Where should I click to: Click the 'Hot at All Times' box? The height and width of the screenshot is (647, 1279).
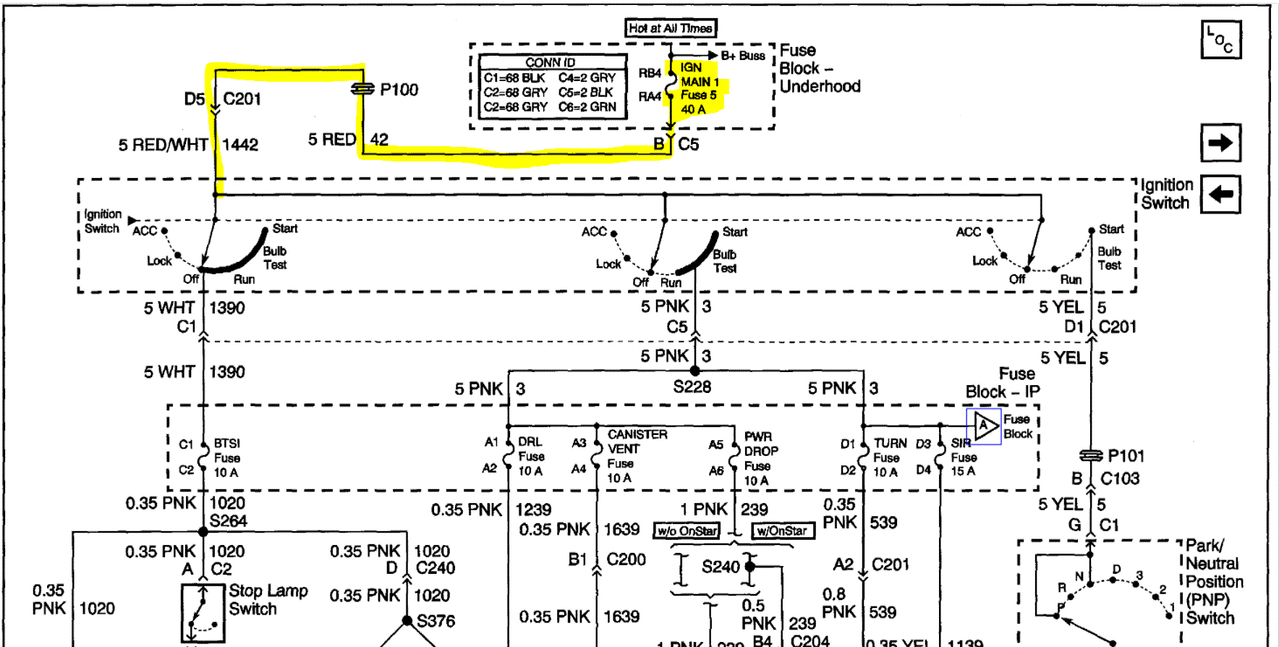coord(671,28)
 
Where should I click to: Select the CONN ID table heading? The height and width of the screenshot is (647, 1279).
coord(551,62)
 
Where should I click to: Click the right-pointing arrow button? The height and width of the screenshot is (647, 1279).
coord(1220,143)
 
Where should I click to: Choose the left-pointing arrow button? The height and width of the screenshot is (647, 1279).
coord(1220,194)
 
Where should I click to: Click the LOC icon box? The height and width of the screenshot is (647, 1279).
coord(1221,40)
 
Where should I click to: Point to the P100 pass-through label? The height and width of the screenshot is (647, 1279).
coord(399,90)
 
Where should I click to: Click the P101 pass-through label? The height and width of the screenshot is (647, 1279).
coord(1126,456)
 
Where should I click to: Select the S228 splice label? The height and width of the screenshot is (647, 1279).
coord(692,386)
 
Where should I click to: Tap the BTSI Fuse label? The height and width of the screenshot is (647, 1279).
coord(227,458)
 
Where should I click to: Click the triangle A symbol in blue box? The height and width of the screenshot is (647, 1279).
coord(984,426)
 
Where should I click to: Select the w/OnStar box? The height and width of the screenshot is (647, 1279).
coord(783,530)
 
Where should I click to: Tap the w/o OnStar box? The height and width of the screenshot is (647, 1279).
coord(687,530)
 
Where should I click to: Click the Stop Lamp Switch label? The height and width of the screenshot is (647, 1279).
coord(268,600)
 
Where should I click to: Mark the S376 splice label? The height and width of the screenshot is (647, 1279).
coord(435,621)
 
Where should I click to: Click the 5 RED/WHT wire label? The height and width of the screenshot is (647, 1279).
coord(163,145)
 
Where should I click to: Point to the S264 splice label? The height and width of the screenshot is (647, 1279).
coord(228,521)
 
